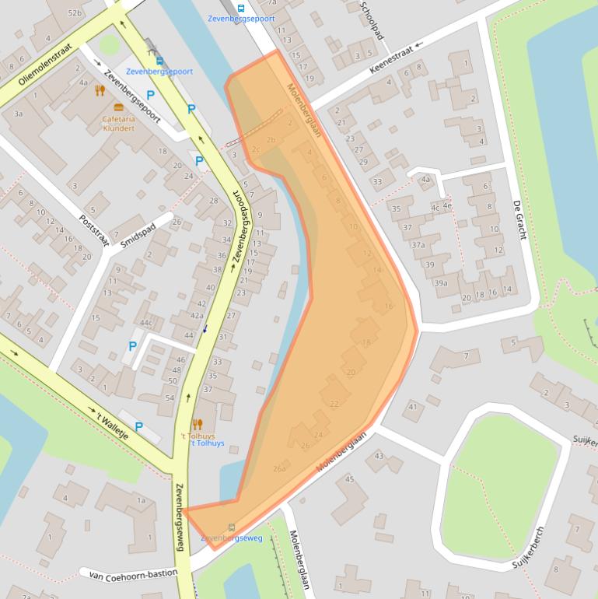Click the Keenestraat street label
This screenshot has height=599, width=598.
tap(393, 59)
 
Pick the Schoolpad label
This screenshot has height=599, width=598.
tap(372, 21)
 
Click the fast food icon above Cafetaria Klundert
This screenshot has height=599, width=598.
tap(119, 107)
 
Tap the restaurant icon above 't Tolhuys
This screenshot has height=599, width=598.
tap(198, 424)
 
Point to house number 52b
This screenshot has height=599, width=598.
tap(75, 13)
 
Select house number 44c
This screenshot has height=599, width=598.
tap(145, 323)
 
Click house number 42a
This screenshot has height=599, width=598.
tap(197, 315)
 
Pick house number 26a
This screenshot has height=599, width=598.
tap(279, 469)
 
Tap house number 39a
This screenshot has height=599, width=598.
tap(441, 283)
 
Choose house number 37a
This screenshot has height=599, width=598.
tap(418, 245)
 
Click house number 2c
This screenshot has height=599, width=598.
tap(255, 149)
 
